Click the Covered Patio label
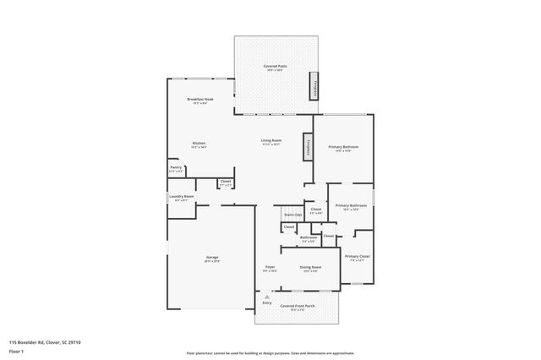point(272,65)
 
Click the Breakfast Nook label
point(199,99)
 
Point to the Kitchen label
point(199,143)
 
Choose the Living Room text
point(270,140)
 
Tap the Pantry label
point(176,167)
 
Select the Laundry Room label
point(181,196)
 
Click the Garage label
point(212,257)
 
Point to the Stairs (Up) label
point(292,215)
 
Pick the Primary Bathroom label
point(350,205)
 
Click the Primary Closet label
point(358,256)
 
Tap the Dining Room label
point(310,267)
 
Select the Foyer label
point(270,267)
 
